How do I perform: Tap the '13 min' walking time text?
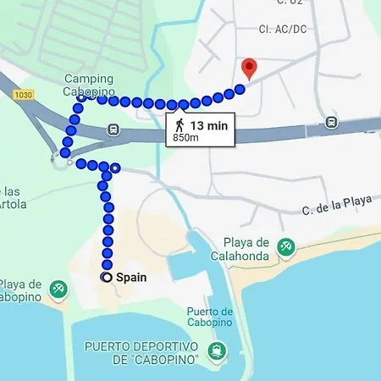(208, 125)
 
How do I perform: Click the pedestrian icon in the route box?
(179, 124)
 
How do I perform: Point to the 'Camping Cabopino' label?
(88, 86)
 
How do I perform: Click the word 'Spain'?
(131, 277)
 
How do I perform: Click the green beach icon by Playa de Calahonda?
(287, 245)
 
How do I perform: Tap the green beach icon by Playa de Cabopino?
(58, 290)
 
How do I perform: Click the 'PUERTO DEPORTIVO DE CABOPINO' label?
(141, 354)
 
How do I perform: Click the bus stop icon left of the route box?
(113, 130)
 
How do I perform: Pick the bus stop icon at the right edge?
(331, 122)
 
